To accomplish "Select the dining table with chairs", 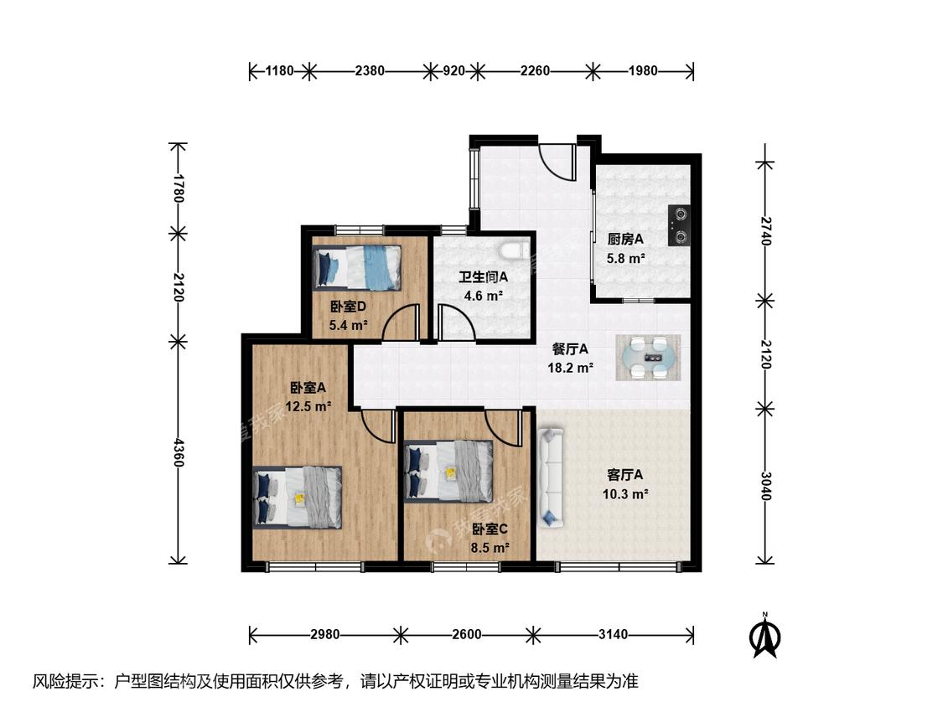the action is [648, 358].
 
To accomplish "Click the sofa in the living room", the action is [550, 477].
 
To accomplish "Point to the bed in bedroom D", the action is [357, 267].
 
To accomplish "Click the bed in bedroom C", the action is [448, 472].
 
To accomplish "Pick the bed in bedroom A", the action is [298, 498].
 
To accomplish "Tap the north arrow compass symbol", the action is [765, 636].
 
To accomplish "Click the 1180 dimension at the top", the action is [280, 71].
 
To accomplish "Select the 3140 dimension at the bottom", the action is [614, 634].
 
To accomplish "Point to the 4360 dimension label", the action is [179, 452].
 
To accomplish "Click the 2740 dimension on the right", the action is [765, 230].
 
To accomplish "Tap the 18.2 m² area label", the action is [571, 368].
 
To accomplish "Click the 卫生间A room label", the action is [484, 276].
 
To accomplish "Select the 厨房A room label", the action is [625, 240].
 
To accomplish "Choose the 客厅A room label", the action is [625, 475].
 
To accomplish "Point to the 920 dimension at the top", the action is [454, 71].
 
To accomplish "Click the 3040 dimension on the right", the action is [765, 486].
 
